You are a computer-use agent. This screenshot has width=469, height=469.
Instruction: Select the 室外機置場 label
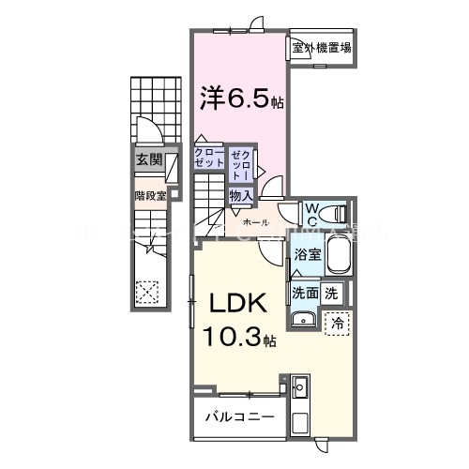click(321, 47)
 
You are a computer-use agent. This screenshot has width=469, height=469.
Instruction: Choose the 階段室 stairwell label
click(149, 195)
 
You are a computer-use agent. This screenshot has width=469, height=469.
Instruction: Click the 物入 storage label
click(240, 195)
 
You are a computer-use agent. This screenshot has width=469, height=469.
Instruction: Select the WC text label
click(312, 210)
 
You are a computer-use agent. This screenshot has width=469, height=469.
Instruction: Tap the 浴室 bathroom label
click(309, 254)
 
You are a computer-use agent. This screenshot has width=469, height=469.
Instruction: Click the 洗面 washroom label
click(305, 293)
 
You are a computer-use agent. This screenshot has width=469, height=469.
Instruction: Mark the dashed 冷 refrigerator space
click(337, 322)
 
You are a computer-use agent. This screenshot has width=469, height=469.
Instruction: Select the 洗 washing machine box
click(332, 293)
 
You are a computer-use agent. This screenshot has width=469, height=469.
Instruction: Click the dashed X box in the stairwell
click(147, 292)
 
